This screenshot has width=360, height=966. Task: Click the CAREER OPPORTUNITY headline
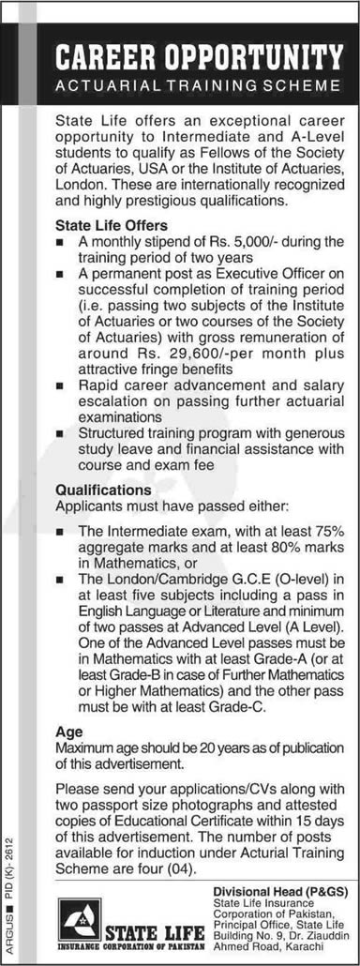pos(200,57)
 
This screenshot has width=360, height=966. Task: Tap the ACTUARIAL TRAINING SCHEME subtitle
pos(200,85)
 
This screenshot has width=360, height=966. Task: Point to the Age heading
pos(68,731)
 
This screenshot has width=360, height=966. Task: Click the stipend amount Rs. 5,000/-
pos(232,242)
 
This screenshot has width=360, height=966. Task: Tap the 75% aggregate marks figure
pos(326,532)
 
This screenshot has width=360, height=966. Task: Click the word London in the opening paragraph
pos(78,188)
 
